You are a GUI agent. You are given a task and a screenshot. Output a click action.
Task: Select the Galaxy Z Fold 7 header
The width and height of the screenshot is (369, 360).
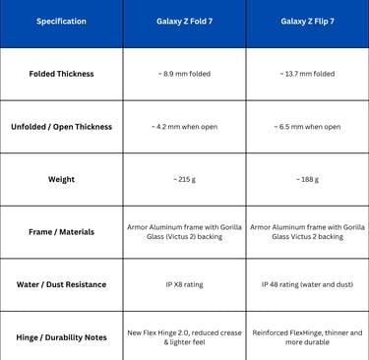[x=183, y=21]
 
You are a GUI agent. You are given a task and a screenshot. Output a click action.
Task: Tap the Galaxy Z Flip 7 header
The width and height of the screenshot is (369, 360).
[x=306, y=21]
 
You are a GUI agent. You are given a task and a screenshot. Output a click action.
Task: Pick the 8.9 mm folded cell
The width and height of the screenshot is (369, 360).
[x=183, y=74]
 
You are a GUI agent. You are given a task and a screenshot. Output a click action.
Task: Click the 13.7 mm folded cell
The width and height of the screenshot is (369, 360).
[x=306, y=74]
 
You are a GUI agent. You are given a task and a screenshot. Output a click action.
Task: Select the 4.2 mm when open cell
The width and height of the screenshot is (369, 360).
[x=183, y=127]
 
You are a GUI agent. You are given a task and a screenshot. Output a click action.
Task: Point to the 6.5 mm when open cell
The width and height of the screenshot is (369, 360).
[x=306, y=127]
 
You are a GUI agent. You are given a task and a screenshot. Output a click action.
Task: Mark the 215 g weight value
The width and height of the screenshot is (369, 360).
[x=183, y=179]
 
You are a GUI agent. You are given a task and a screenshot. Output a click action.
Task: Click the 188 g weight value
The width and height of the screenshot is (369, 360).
[x=306, y=179]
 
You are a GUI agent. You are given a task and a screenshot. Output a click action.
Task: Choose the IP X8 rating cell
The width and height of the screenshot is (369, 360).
[x=183, y=284]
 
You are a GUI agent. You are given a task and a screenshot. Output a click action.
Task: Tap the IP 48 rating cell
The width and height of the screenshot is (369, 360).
[x=306, y=284]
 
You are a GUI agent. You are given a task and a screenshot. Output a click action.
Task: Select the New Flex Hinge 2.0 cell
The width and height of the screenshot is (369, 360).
[x=183, y=337]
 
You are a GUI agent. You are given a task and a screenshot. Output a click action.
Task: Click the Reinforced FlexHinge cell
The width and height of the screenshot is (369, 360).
[x=306, y=337]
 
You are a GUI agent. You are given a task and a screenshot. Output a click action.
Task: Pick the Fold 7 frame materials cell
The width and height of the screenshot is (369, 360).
[x=183, y=232]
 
